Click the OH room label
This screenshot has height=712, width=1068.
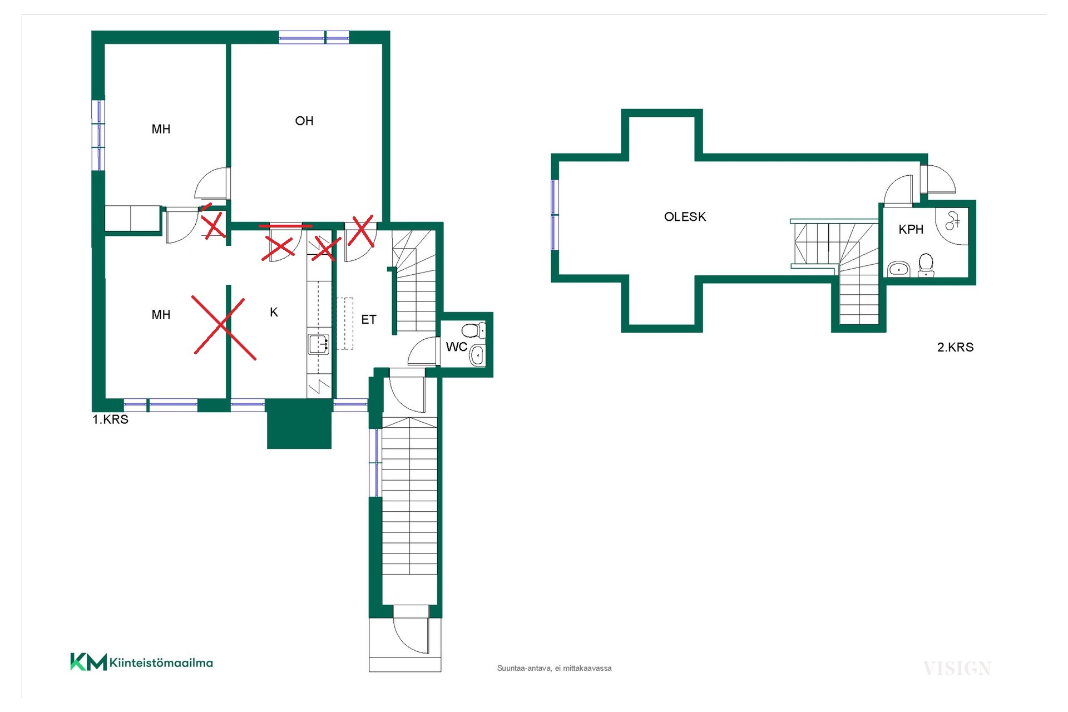pyautogui.click(x=304, y=121)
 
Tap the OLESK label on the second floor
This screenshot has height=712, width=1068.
pyautogui.click(x=685, y=216)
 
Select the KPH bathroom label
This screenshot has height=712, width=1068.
pyautogui.click(x=911, y=229)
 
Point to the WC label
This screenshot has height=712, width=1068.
pyautogui.click(x=456, y=347)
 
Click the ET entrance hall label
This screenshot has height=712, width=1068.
pyautogui.click(x=369, y=319)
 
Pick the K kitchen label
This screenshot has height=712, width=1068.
pyautogui.click(x=274, y=312)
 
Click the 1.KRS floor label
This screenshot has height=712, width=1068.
pyautogui.click(x=110, y=419)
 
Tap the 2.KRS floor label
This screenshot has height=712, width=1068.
pyautogui.click(x=955, y=347)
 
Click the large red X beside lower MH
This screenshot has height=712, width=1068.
pyautogui.click(x=224, y=326)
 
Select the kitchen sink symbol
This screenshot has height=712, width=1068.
pyautogui.click(x=319, y=344)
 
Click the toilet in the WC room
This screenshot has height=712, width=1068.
pyautogui.click(x=474, y=330)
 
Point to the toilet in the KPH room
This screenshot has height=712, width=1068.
pyautogui.click(x=926, y=265)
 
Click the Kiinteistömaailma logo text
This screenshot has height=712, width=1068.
pyautogui.click(x=161, y=662)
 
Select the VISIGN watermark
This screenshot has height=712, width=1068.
pyautogui.click(x=957, y=668)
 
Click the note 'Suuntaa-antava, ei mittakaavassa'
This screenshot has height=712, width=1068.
pyautogui.click(x=554, y=668)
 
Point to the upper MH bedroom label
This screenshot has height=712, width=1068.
pyautogui.click(x=161, y=129)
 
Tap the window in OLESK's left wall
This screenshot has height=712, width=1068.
pyautogui.click(x=555, y=215)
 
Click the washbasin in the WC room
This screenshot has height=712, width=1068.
pyautogui.click(x=477, y=355)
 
